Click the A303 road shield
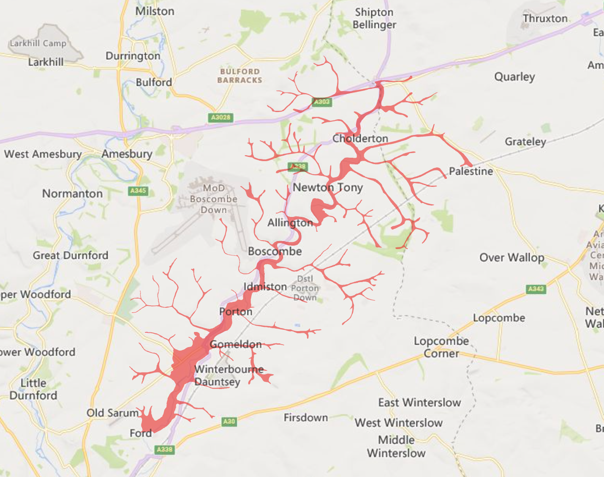click(x=321, y=102)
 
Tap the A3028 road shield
click(x=221, y=118)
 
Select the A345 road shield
click(x=138, y=191)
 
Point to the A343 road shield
click(x=536, y=289)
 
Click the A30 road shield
click(x=229, y=421)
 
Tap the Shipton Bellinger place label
click(x=374, y=19)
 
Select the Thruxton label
click(x=545, y=19)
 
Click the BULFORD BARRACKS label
click(x=239, y=76)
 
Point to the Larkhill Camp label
click(x=38, y=43)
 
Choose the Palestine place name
click(x=471, y=171)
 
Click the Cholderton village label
click(x=360, y=139)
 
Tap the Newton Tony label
click(x=328, y=187)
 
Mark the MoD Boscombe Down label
click(x=213, y=199)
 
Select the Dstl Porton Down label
click(x=305, y=288)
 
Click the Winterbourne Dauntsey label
click(x=228, y=376)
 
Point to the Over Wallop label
click(x=511, y=258)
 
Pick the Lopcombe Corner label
click(x=441, y=347)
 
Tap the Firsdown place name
click(x=306, y=418)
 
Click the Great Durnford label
click(x=71, y=255)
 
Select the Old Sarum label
click(x=112, y=413)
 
